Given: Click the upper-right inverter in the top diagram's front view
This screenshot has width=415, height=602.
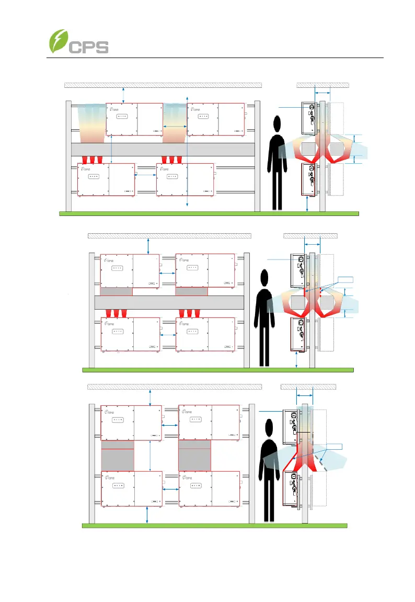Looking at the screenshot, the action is coord(216,120).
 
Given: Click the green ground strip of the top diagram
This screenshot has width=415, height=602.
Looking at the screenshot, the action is coord(209,214).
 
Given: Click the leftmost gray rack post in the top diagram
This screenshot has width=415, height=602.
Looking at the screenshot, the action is coord(68,156).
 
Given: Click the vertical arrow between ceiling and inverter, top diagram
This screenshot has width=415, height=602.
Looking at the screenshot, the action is coord(123,94).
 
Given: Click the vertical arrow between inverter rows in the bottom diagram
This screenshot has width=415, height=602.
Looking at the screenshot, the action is coord(151,455).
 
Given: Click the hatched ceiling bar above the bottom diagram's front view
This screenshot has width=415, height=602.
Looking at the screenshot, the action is coord(174,387).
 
